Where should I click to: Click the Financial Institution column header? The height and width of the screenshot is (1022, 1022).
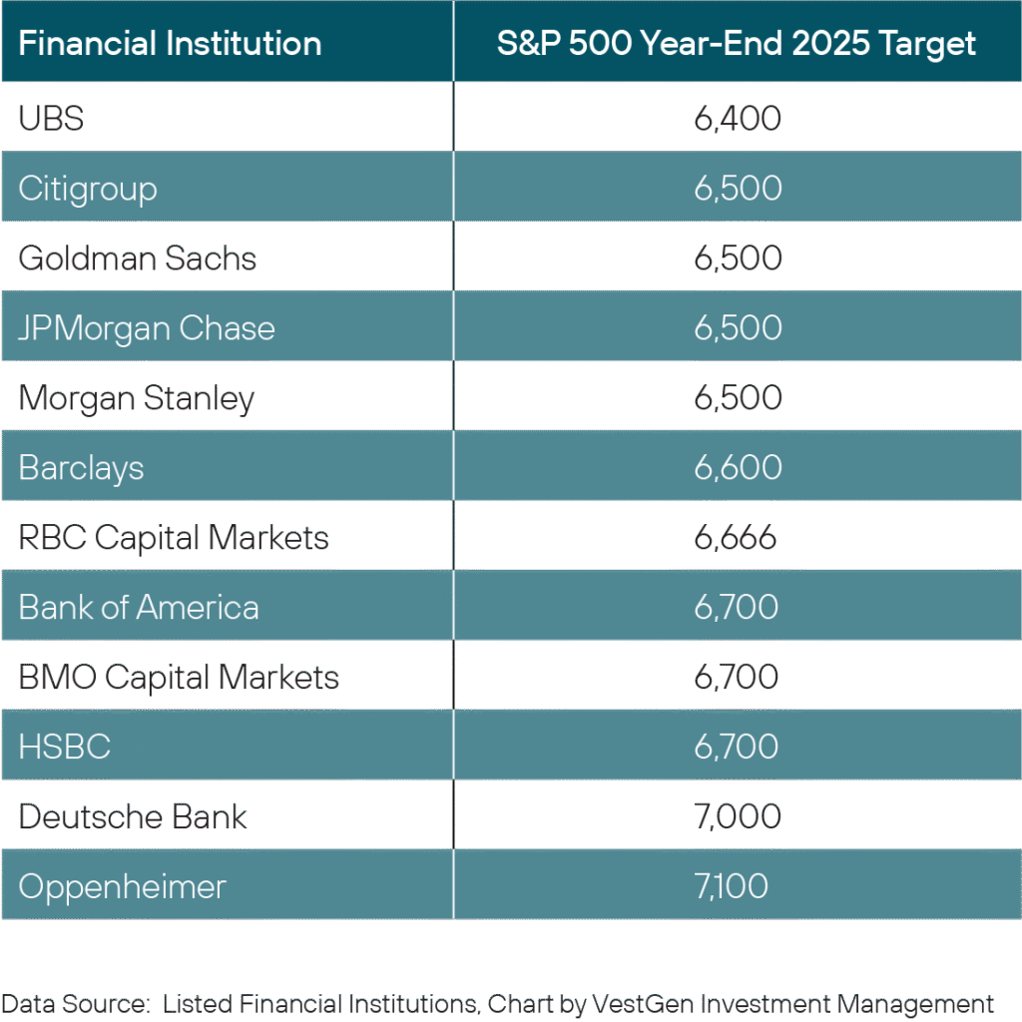pyautogui.click(x=170, y=44)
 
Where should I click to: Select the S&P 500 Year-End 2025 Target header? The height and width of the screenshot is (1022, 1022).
pyautogui.click(x=737, y=45)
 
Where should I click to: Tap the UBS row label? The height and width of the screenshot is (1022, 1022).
pyautogui.click(x=51, y=119)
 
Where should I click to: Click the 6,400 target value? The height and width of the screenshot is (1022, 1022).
pyautogui.click(x=738, y=119)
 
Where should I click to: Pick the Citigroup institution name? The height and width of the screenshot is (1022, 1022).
pyautogui.click(x=88, y=190)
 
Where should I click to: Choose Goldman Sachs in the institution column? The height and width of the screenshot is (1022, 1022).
pyautogui.click(x=138, y=258)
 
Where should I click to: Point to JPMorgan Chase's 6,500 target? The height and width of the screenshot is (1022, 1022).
pyautogui.click(x=738, y=327)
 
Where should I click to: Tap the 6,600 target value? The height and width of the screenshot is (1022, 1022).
pyautogui.click(x=738, y=467)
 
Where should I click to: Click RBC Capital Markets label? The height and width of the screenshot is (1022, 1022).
pyautogui.click(x=174, y=538)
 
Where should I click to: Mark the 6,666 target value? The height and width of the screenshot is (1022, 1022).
pyautogui.click(x=736, y=538)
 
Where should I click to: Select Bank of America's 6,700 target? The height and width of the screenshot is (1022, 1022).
pyautogui.click(x=737, y=608)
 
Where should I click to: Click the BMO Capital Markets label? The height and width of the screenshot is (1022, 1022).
pyautogui.click(x=179, y=678)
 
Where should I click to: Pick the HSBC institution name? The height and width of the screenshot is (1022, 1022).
pyautogui.click(x=65, y=747)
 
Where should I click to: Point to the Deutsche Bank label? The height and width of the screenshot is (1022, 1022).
pyautogui.click(x=133, y=816)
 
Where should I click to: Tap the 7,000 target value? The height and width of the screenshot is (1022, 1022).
pyautogui.click(x=738, y=816)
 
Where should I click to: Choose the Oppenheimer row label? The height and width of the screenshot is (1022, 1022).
pyautogui.click(x=123, y=887)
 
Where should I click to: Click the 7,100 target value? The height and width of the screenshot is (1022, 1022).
pyautogui.click(x=732, y=886)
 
